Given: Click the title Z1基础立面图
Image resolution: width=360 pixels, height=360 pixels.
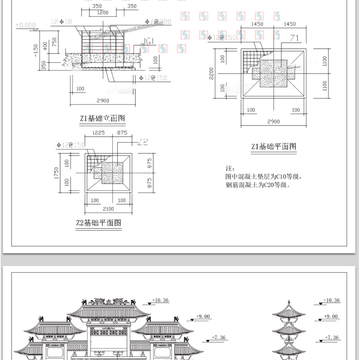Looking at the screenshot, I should click(x=102, y=118).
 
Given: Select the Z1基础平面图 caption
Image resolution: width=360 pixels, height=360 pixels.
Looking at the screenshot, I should click(x=274, y=146).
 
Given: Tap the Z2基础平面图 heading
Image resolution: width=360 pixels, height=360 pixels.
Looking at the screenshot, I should click(x=99, y=223).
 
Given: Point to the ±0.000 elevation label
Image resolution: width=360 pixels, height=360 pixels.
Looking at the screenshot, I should click(x=26, y=25).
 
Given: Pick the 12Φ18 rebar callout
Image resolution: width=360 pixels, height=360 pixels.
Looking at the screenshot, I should click(x=61, y=22).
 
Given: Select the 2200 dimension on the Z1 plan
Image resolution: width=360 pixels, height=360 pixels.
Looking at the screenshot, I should click(x=211, y=74).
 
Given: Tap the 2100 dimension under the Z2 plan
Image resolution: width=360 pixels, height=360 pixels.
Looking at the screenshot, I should click(x=108, y=209).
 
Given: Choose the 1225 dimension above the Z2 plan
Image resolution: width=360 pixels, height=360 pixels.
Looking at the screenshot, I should click(x=98, y=133).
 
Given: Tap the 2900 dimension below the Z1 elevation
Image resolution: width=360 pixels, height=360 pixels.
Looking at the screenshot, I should click(x=102, y=101).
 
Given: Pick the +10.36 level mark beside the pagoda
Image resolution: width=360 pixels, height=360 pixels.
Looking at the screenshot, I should click(x=332, y=300).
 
